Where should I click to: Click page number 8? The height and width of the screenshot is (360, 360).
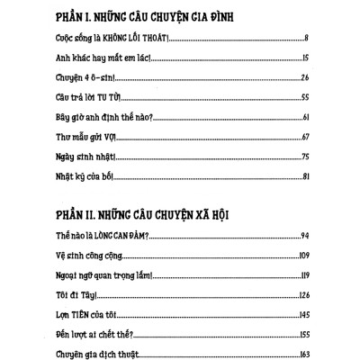(x=309, y=40)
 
